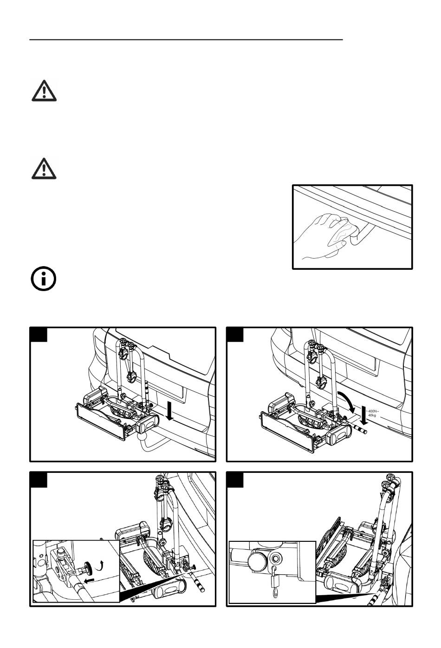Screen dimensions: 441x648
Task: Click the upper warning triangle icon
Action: [x=44, y=90]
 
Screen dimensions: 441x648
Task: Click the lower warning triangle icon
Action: [x=44, y=168]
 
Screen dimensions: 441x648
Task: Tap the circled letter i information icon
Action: [x=43, y=280]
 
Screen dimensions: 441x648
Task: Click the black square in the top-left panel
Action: [x=39, y=334]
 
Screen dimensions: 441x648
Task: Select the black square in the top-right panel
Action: [x=235, y=334]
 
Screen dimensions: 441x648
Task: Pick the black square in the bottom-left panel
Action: [x=39, y=479]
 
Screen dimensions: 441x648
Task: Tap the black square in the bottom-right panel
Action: [x=235, y=479]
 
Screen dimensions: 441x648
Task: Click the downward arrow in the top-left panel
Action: [x=170, y=411]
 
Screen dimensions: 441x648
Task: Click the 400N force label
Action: [x=374, y=411]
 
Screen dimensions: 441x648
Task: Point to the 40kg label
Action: [x=372, y=415]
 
